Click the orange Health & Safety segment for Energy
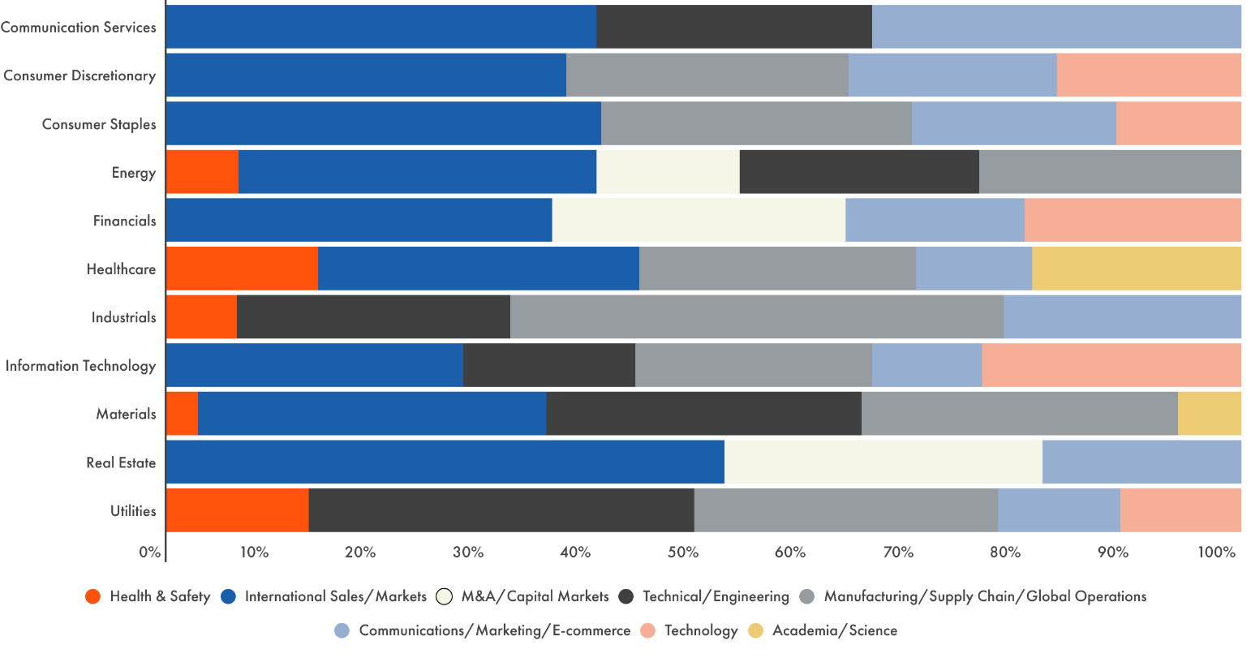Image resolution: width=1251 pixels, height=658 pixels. pyautogui.click(x=202, y=172)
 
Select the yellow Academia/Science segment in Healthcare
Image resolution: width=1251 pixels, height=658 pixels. pyautogui.click(x=1136, y=269)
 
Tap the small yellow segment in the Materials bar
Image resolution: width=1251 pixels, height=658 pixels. pyautogui.click(x=1209, y=414)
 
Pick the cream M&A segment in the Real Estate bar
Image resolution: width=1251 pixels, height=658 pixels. pyautogui.click(x=883, y=462)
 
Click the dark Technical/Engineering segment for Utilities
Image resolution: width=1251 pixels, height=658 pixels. pyautogui.click(x=501, y=510)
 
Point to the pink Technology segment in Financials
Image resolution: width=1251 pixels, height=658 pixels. pyautogui.click(x=1133, y=221)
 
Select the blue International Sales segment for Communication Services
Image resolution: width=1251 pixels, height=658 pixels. pyautogui.click(x=381, y=27)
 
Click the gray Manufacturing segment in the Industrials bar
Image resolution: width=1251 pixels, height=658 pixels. pyautogui.click(x=756, y=317)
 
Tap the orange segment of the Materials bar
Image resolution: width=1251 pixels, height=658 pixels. pyautogui.click(x=182, y=414)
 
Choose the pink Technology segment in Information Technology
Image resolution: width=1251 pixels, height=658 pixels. pyautogui.click(x=1111, y=366)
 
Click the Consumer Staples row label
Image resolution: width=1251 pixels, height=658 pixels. pyautogui.click(x=99, y=124)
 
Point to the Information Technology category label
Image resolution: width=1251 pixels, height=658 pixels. pyautogui.click(x=80, y=366)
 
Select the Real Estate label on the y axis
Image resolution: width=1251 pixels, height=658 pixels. pyautogui.click(x=121, y=462)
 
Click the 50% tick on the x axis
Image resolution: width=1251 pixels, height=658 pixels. pyautogui.click(x=682, y=553)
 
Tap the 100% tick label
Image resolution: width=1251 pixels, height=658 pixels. pyautogui.click(x=1215, y=553)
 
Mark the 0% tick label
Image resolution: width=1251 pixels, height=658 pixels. pyautogui.click(x=150, y=553)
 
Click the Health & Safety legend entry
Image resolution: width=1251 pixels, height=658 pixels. pyautogui.click(x=159, y=596)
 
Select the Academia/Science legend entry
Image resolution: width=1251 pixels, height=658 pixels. pyautogui.click(x=834, y=630)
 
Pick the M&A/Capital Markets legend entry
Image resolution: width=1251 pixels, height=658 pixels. pyautogui.click(x=534, y=596)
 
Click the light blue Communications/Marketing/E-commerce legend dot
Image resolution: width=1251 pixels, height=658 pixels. pyautogui.click(x=342, y=630)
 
